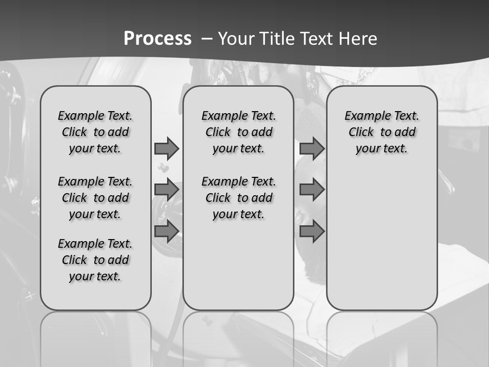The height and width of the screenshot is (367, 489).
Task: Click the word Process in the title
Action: pyautogui.click(x=157, y=38)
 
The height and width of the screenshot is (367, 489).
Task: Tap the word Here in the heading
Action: pyautogui.click(x=360, y=39)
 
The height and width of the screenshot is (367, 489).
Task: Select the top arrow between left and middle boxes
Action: pyautogui.click(x=167, y=148)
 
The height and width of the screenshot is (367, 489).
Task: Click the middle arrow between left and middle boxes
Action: pyautogui.click(x=167, y=190)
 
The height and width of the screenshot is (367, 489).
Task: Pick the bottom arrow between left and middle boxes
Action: pyautogui.click(x=167, y=231)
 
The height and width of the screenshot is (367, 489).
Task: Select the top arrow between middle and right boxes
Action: pyautogui.click(x=312, y=148)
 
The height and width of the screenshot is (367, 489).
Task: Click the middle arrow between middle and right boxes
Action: pyautogui.click(x=312, y=190)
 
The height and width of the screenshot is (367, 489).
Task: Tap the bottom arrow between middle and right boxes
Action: pyautogui.click(x=312, y=231)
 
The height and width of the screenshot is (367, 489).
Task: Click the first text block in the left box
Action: pyautogui.click(x=95, y=132)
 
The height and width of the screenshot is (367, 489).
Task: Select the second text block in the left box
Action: pyautogui.click(x=95, y=198)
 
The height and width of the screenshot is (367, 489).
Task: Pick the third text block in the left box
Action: pyautogui.click(x=95, y=260)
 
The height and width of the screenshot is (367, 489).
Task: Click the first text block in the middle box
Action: pyautogui.click(x=238, y=132)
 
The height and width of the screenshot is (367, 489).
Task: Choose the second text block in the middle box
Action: pyautogui.click(x=238, y=198)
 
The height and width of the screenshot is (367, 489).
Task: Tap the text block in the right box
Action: pyautogui.click(x=382, y=132)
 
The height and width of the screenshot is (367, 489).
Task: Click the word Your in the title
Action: pyautogui.click(x=237, y=39)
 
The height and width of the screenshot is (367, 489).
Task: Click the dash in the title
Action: pyautogui.click(x=207, y=38)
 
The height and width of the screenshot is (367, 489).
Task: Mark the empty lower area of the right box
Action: pyautogui.click(x=382, y=240)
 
